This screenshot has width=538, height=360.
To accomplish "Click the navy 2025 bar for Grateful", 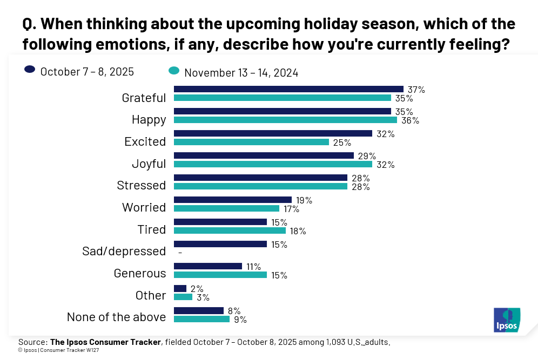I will point(288,89).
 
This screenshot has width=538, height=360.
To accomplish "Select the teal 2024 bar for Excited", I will point(251,142).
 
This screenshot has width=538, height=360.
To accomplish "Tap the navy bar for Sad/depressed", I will point(220,244).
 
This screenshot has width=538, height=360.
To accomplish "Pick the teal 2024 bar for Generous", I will point(220,275).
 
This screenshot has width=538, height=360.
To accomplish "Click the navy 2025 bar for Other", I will point(180,288).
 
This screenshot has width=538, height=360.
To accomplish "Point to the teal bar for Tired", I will point(230,230).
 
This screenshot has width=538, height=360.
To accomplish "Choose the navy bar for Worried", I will point(233,200).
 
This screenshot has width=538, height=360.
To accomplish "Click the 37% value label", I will point(416,90).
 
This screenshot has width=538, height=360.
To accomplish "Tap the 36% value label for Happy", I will point(410,120).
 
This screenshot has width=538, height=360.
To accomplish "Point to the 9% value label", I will point(240,320).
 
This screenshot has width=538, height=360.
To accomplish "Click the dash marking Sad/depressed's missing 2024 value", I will point(179,252).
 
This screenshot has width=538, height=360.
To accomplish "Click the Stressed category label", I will point(142,185).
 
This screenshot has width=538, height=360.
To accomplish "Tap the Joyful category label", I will point(149,163).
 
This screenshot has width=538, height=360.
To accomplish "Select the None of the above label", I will point(116,317).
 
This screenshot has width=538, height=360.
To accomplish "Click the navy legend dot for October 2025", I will point(30,70).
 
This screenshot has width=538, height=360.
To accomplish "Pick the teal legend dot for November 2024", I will point(174,71).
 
